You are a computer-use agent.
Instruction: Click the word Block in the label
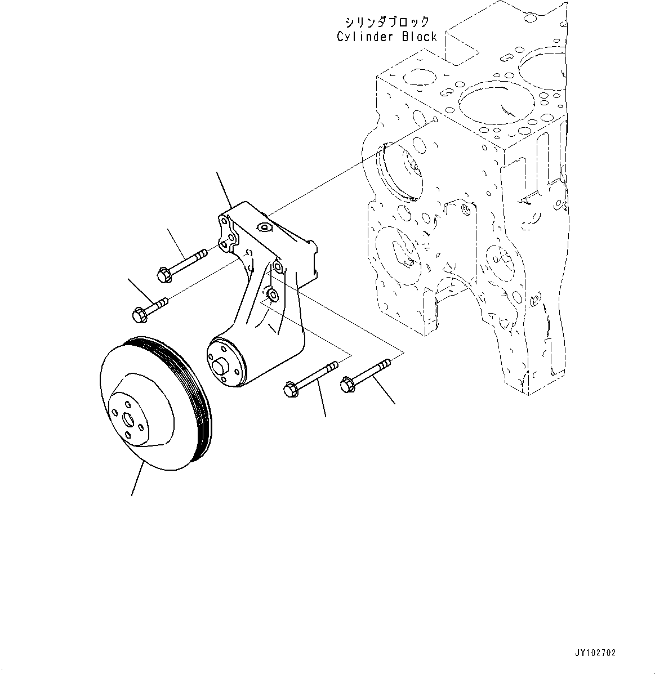(x=418, y=37)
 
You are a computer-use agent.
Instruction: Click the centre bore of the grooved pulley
(x=128, y=419)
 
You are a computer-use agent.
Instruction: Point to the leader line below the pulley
(x=137, y=479)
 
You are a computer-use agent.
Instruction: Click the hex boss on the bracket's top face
(x=263, y=227)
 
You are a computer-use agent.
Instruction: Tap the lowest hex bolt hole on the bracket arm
(x=271, y=295)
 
